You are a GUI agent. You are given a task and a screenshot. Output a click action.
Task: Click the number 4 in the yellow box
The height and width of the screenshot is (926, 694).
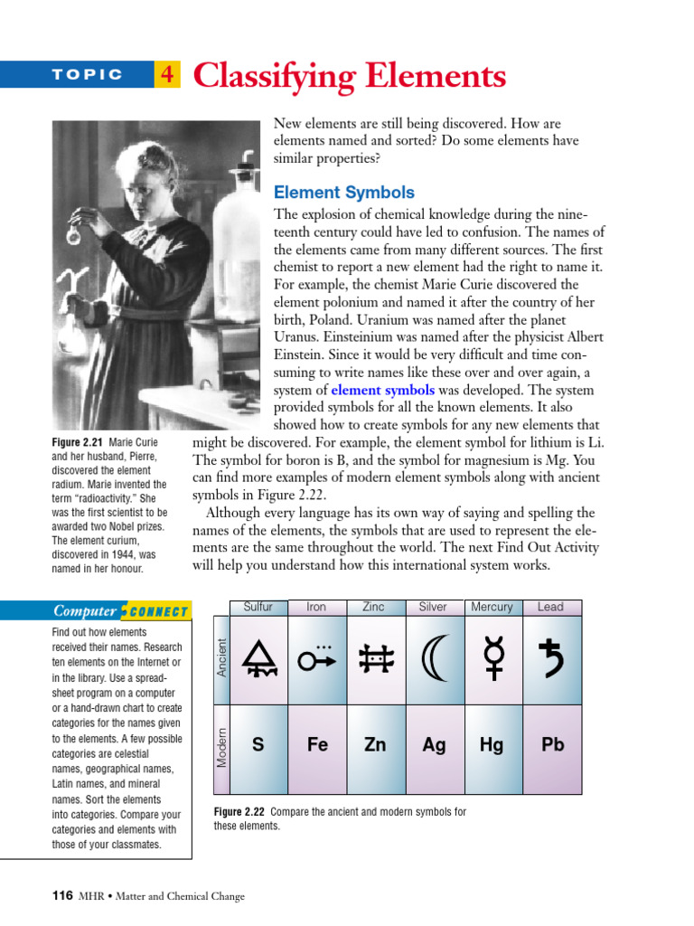click(167, 75)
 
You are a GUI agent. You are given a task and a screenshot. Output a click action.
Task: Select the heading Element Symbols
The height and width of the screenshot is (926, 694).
click(343, 193)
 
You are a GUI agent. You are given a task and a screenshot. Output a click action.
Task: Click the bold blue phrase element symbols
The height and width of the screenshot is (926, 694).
click(383, 391)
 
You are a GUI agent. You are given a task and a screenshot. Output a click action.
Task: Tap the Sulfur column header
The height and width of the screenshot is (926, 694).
click(258, 607)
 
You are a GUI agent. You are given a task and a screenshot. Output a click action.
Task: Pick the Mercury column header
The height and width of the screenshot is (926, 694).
click(492, 607)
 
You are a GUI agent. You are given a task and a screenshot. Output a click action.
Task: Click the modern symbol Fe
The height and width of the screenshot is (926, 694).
click(317, 745)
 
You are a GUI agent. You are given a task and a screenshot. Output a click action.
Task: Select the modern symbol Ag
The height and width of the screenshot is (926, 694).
click(434, 745)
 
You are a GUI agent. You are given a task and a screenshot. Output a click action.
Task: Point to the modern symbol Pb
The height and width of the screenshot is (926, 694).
click(552, 745)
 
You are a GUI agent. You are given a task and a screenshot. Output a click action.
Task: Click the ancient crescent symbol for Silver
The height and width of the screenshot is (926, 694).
click(435, 661)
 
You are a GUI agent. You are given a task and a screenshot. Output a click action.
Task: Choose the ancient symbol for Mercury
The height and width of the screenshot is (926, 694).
click(493, 659)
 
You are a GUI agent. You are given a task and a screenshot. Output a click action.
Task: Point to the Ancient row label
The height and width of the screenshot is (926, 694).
click(222, 657)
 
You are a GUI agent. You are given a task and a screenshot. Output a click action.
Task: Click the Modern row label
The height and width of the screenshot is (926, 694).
click(222, 747)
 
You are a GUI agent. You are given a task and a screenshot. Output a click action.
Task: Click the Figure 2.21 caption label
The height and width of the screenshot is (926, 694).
click(79, 443)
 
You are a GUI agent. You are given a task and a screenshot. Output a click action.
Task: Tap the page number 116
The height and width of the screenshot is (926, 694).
click(61, 896)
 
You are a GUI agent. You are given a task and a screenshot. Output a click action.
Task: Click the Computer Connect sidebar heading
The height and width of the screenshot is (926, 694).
click(120, 611)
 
